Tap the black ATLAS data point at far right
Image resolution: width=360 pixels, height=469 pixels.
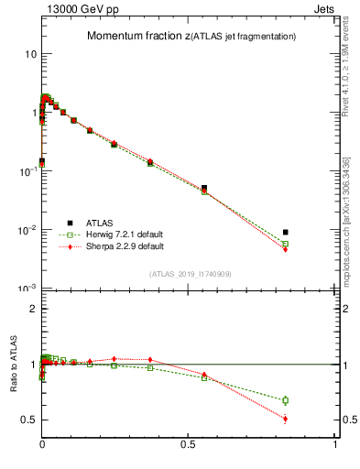pyautogui.click(x=286, y=233)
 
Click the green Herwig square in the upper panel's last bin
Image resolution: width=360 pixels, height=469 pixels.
pyautogui.click(x=286, y=245)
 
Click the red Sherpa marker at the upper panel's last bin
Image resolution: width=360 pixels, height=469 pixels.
pyautogui.click(x=286, y=249)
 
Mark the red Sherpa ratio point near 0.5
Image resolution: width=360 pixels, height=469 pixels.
pyautogui.click(x=286, y=420)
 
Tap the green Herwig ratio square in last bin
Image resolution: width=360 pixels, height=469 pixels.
pyautogui.click(x=286, y=400)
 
